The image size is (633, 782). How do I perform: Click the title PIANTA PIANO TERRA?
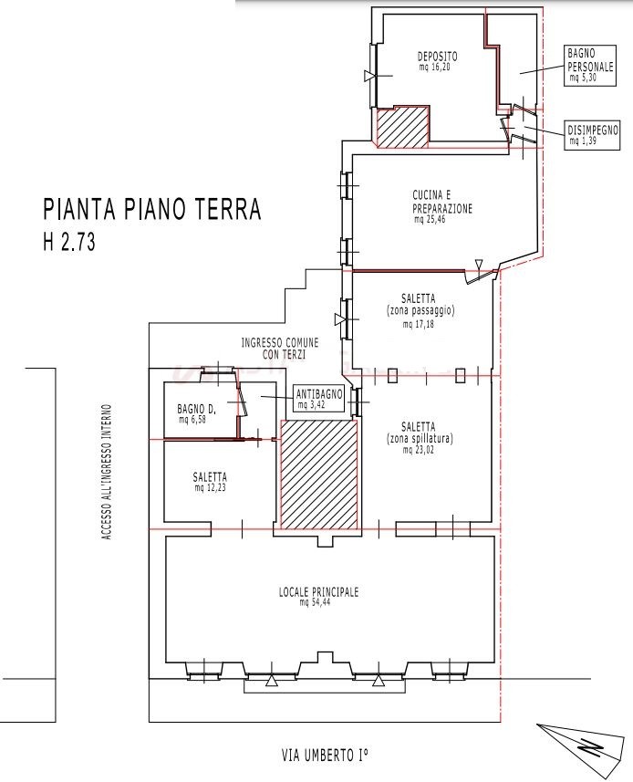[152, 210]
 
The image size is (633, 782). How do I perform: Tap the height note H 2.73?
[69, 242]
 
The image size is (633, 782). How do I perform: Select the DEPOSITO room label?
[437, 57]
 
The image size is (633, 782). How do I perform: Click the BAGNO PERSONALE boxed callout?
[591, 66]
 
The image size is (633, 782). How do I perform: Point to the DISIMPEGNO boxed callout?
[593, 135]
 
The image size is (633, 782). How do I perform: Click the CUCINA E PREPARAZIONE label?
[442, 202]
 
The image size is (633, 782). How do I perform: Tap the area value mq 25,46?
[430, 219]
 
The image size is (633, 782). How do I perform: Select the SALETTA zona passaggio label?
[420, 305]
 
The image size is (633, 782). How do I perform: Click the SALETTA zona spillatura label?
[419, 433]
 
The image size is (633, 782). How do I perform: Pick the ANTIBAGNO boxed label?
[319, 399]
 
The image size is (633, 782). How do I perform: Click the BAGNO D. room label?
[196, 410]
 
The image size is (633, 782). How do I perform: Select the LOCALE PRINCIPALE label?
[318, 592]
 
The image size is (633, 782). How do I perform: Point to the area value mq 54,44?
[315, 602]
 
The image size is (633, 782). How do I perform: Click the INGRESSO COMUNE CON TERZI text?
[280, 349]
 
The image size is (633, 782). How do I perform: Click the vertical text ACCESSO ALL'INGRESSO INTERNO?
[107, 472]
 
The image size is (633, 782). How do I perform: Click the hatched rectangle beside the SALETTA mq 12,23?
[319, 474]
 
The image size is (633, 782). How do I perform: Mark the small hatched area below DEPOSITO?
[402, 127]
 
